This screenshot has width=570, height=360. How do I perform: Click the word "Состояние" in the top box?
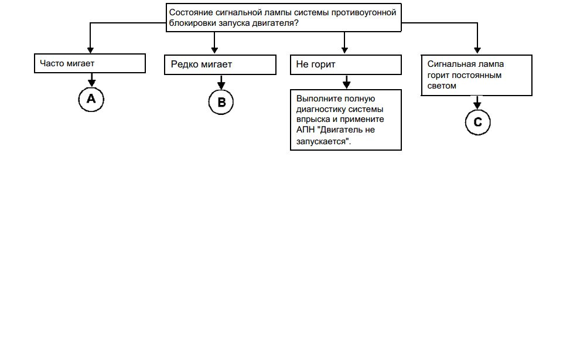click(191, 12)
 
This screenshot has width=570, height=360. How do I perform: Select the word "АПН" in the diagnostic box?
click(305, 130)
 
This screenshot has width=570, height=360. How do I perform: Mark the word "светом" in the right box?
click(442, 86)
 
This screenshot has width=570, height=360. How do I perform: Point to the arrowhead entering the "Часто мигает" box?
click(91, 50)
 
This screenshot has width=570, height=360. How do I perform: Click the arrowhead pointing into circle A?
click(91, 83)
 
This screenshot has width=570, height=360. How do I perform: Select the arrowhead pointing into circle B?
click(221, 86)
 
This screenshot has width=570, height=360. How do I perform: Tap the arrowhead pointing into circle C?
click(477, 106)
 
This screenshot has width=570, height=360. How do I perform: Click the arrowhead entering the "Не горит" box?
click(344, 50)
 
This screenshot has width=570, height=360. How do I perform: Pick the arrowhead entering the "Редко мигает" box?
click(214, 50)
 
